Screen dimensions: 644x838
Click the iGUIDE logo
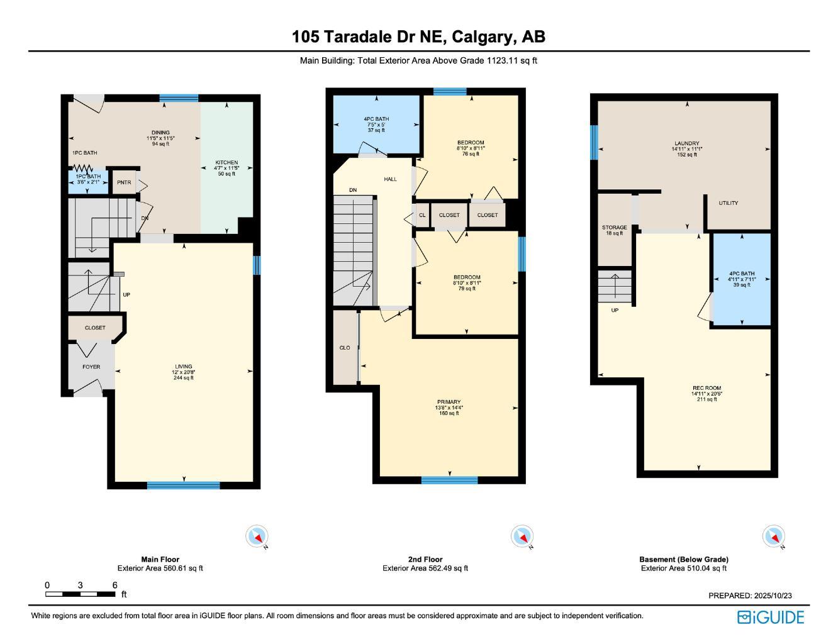coord(771,617)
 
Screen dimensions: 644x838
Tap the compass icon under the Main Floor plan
coord(257,536)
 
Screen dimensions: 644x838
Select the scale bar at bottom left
coord(80,594)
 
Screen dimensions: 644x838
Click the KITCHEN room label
coord(226,163)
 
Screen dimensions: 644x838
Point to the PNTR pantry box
coord(124,182)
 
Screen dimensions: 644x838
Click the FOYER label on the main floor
coord(91,367)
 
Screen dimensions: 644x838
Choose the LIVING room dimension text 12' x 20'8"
coord(184,372)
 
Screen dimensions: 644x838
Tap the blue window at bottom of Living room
coord(183,485)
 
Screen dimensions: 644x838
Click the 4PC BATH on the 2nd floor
coord(376,124)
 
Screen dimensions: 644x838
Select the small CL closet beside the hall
coord(422,215)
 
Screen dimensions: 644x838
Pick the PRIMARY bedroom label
coord(449,402)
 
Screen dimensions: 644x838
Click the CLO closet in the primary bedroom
coord(345,348)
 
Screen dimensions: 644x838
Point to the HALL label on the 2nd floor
coord(391,179)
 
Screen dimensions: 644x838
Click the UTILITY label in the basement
coord(729,203)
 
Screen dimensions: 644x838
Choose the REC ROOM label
coord(707,388)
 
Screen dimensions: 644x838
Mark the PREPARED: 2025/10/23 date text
coord(750,596)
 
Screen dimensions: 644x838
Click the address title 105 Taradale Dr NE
coord(418,36)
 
